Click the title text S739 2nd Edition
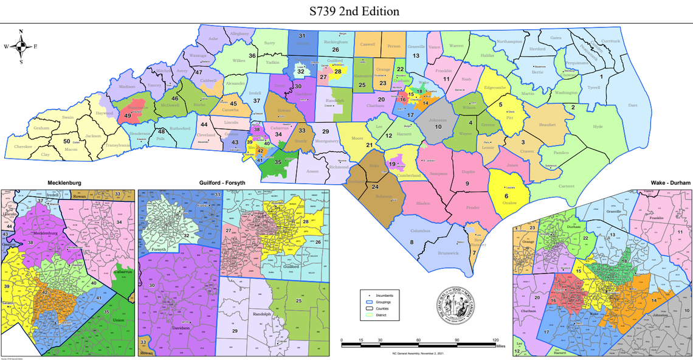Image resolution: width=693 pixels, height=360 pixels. click(346, 12)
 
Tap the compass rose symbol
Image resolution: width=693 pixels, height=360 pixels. click(21, 46)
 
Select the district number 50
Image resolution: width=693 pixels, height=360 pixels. click(66, 141)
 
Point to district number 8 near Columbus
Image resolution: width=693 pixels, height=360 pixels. click(412, 243)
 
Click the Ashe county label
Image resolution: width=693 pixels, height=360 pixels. click(213, 39)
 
